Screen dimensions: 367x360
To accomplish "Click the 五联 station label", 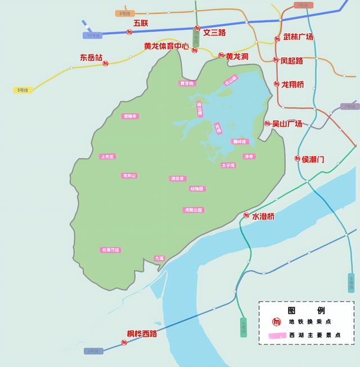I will [x=141, y=23].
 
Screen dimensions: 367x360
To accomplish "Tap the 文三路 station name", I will [x=214, y=33].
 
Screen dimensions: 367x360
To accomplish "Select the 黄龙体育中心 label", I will [x=166, y=46].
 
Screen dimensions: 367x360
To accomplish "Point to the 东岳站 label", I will [x=91, y=57].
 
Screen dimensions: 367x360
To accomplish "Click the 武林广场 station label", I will [x=298, y=37].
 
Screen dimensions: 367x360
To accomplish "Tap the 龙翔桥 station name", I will [x=292, y=84].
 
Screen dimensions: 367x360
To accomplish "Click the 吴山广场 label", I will [x=287, y=124].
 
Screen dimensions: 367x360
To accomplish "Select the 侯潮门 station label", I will [x=313, y=159].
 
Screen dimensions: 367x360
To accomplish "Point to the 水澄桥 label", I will [x=263, y=216].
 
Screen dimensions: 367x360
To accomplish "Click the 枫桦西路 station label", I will [x=142, y=334].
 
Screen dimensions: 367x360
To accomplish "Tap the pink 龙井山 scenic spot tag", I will [x=129, y=175].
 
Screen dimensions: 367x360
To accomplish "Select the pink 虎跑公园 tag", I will [x=193, y=210].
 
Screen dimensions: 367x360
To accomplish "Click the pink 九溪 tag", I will [x=159, y=258].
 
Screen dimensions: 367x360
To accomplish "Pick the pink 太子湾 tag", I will [x=228, y=165].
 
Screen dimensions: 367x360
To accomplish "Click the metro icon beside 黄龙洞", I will [x=221, y=56].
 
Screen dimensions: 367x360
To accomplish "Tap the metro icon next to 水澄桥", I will [x=246, y=215].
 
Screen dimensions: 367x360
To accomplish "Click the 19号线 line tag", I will [x=92, y=35].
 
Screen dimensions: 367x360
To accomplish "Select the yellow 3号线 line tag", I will [x=22, y=90].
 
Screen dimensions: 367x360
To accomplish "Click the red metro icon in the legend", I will [x=276, y=321].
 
